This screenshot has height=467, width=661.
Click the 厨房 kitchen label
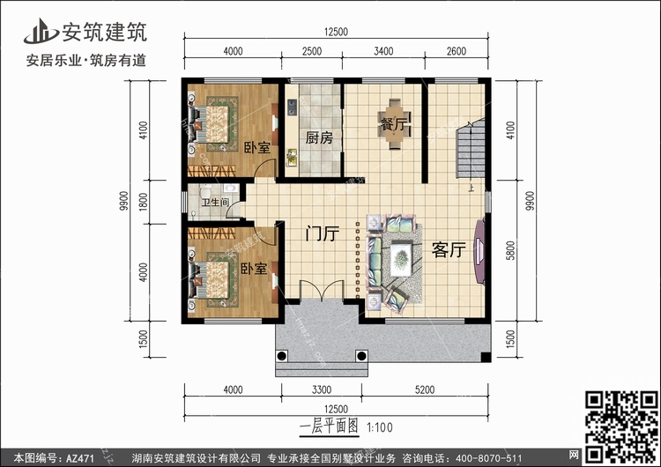click(319, 137)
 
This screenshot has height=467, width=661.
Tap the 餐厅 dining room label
click(394, 124)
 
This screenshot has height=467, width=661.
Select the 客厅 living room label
click(449, 250)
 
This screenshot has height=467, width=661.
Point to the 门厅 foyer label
click(323, 233)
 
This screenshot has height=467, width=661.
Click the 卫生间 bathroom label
click(215, 203)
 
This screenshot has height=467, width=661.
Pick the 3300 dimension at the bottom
click(322, 389)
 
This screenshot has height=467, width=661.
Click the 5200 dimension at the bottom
click(425, 389)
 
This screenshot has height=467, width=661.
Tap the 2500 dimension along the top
click(312, 51)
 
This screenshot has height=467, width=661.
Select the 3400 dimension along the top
click(383, 51)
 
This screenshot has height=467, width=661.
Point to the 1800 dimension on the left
click(144, 202)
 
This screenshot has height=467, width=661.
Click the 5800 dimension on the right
click(510, 250)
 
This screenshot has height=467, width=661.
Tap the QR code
click(621, 426)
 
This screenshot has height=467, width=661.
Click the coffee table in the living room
click(401, 259)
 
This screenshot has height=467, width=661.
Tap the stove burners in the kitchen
click(292, 107)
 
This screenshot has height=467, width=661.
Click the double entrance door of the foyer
click(322, 291)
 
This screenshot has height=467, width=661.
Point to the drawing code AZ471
click(80, 457)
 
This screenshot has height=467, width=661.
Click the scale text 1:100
click(380, 428)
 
